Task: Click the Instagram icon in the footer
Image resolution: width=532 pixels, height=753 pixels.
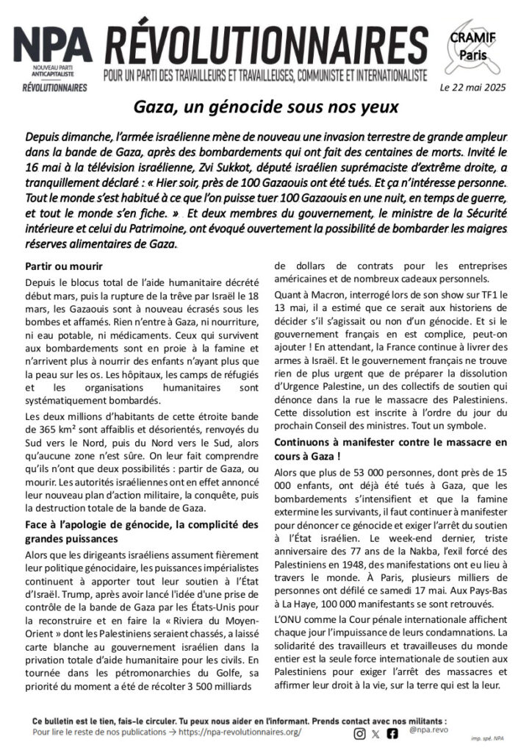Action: [x=359, y=733]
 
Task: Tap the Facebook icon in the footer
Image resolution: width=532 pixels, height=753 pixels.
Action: [x=392, y=733]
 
